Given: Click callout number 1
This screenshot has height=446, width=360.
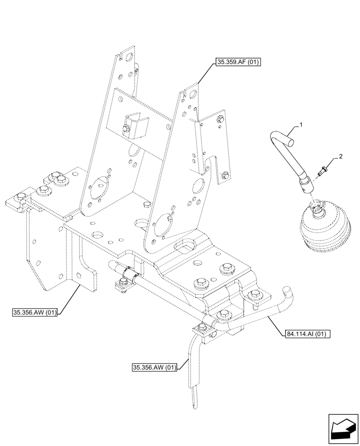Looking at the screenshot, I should pos(301,125).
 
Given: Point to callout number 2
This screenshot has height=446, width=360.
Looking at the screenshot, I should pos(340,157).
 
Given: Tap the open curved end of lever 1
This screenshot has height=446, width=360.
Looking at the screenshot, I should pos(290,143).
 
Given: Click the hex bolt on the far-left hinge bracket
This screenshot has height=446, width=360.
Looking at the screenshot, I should pos(20,196).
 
